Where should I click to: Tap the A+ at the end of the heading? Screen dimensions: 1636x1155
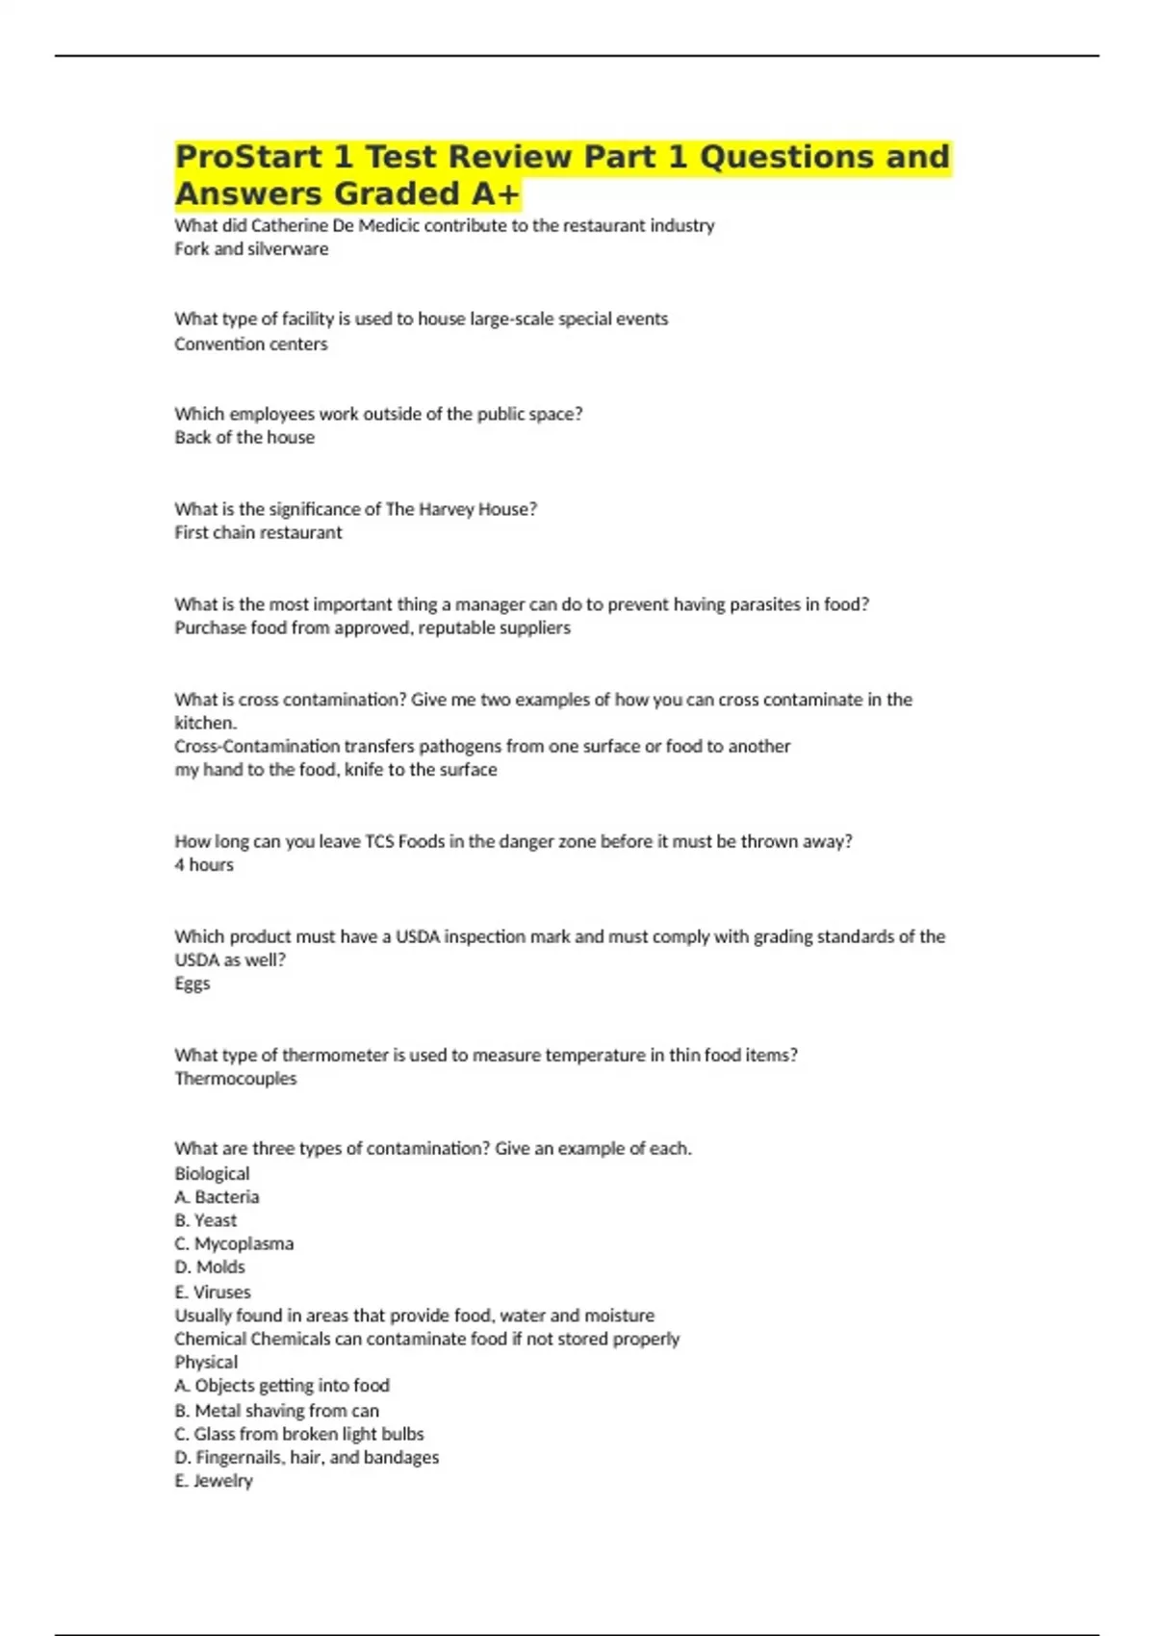pos(495,194)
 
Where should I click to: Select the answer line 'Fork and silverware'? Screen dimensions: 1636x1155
pos(251,249)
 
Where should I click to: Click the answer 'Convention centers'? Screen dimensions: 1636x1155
pos(250,345)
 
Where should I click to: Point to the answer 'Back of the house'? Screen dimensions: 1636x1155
pos(244,438)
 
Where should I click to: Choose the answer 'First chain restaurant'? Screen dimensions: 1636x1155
pos(258,533)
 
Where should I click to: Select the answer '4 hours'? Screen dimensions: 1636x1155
pos(204,865)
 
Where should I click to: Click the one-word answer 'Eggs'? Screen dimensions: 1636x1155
pos(192,984)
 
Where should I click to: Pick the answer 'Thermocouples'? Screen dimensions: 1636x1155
pos(235,1079)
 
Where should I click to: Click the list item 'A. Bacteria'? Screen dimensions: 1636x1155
pos(217,1197)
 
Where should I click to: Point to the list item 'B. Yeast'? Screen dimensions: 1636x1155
pos(205,1220)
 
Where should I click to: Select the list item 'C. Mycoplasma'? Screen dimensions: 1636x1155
pos(234,1244)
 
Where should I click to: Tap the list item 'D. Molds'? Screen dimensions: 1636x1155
pos(210,1267)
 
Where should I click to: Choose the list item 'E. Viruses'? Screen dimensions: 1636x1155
pos(213,1292)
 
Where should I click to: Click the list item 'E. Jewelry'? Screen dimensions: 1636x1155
pos(214,1481)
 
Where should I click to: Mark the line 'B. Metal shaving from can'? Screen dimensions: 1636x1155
pos(276,1411)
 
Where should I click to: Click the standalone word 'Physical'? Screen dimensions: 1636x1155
pos(206,1363)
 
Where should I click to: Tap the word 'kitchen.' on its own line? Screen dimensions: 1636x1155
pos(205,723)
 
